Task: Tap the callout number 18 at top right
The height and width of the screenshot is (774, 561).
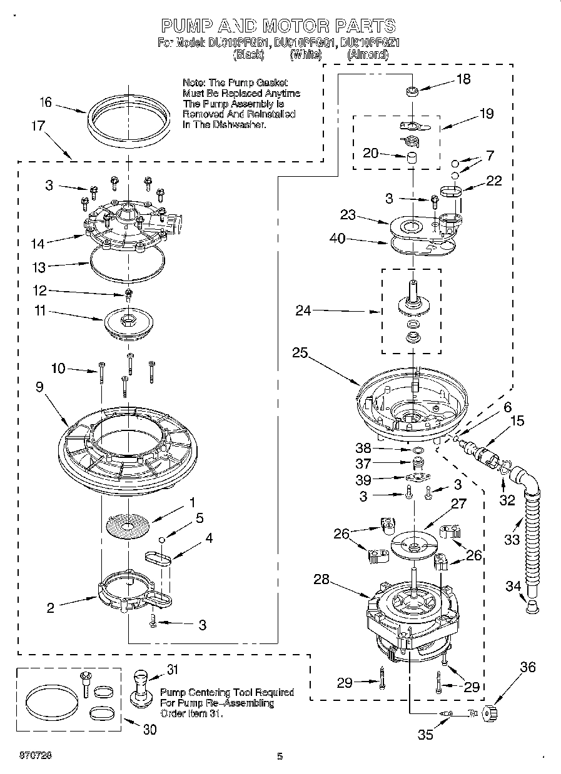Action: [x=463, y=79]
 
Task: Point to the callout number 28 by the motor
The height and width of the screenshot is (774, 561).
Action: [x=321, y=580]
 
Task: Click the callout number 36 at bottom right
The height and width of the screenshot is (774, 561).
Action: [x=528, y=667]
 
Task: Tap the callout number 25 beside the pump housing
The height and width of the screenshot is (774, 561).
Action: [x=300, y=352]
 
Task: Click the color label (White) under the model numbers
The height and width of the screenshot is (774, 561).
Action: [x=305, y=55]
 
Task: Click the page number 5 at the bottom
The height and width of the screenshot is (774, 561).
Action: [x=280, y=757]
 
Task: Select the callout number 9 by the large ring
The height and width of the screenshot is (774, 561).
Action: [x=39, y=387]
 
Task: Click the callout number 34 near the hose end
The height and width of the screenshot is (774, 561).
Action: [x=513, y=585]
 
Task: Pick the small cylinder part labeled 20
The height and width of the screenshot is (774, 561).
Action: [x=412, y=157]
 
